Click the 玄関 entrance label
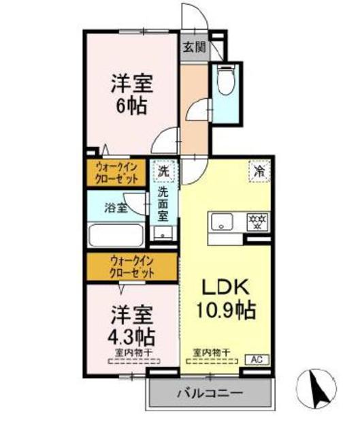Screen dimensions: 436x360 [x=194, y=47]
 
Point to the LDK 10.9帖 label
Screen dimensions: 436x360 [x=227, y=299]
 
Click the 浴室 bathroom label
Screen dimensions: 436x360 [x=115, y=206]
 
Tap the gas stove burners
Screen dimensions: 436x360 [x=258, y=222]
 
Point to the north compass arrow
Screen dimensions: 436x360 [x=316, y=386]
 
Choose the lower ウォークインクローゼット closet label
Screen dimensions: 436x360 [x=132, y=266]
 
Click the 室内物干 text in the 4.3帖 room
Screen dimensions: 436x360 [x=133, y=352]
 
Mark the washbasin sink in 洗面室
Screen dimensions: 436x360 [x=163, y=233]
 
